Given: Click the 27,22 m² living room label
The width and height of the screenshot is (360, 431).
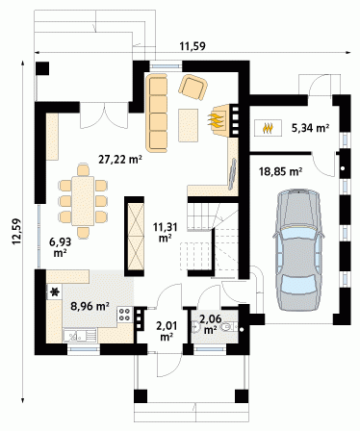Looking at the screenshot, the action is tap(120, 159).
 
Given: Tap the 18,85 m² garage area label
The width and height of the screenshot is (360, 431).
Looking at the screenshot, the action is tap(281, 171).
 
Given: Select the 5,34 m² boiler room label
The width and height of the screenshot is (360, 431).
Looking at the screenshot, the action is tap(310, 128).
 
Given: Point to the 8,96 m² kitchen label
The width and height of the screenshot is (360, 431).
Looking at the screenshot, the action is tap(90, 306).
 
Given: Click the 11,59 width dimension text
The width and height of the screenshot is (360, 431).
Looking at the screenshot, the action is tap(193, 46).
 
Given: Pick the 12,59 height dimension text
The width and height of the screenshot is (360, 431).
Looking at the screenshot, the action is tap(16, 231).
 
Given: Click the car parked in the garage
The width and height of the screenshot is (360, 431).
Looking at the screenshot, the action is tap(298, 250).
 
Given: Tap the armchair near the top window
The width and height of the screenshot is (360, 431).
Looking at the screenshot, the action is tap(193, 88).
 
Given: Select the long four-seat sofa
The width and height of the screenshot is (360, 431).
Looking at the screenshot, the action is tap(157, 113).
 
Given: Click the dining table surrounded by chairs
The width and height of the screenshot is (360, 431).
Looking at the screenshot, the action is tap(83, 201).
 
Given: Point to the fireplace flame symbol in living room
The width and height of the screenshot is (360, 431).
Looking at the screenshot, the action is tap(216, 120).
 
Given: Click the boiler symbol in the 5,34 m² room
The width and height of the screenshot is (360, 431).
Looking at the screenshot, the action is tap(269, 128).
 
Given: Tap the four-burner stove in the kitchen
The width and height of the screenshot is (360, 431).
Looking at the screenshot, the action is tap(125, 314).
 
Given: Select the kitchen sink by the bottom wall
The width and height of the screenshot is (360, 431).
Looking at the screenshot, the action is tap(80, 336).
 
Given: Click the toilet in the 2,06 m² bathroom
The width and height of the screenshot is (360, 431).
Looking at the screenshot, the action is tap(227, 326).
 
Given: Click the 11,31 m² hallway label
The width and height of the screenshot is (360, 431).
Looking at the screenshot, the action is tap(165, 232).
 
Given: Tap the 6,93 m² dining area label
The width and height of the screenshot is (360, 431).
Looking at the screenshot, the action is tap(60, 247).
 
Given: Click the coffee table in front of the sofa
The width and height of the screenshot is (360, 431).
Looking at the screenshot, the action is tap(189, 125).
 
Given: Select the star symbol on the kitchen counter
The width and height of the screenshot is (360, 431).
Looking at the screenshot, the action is tap(55, 292).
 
